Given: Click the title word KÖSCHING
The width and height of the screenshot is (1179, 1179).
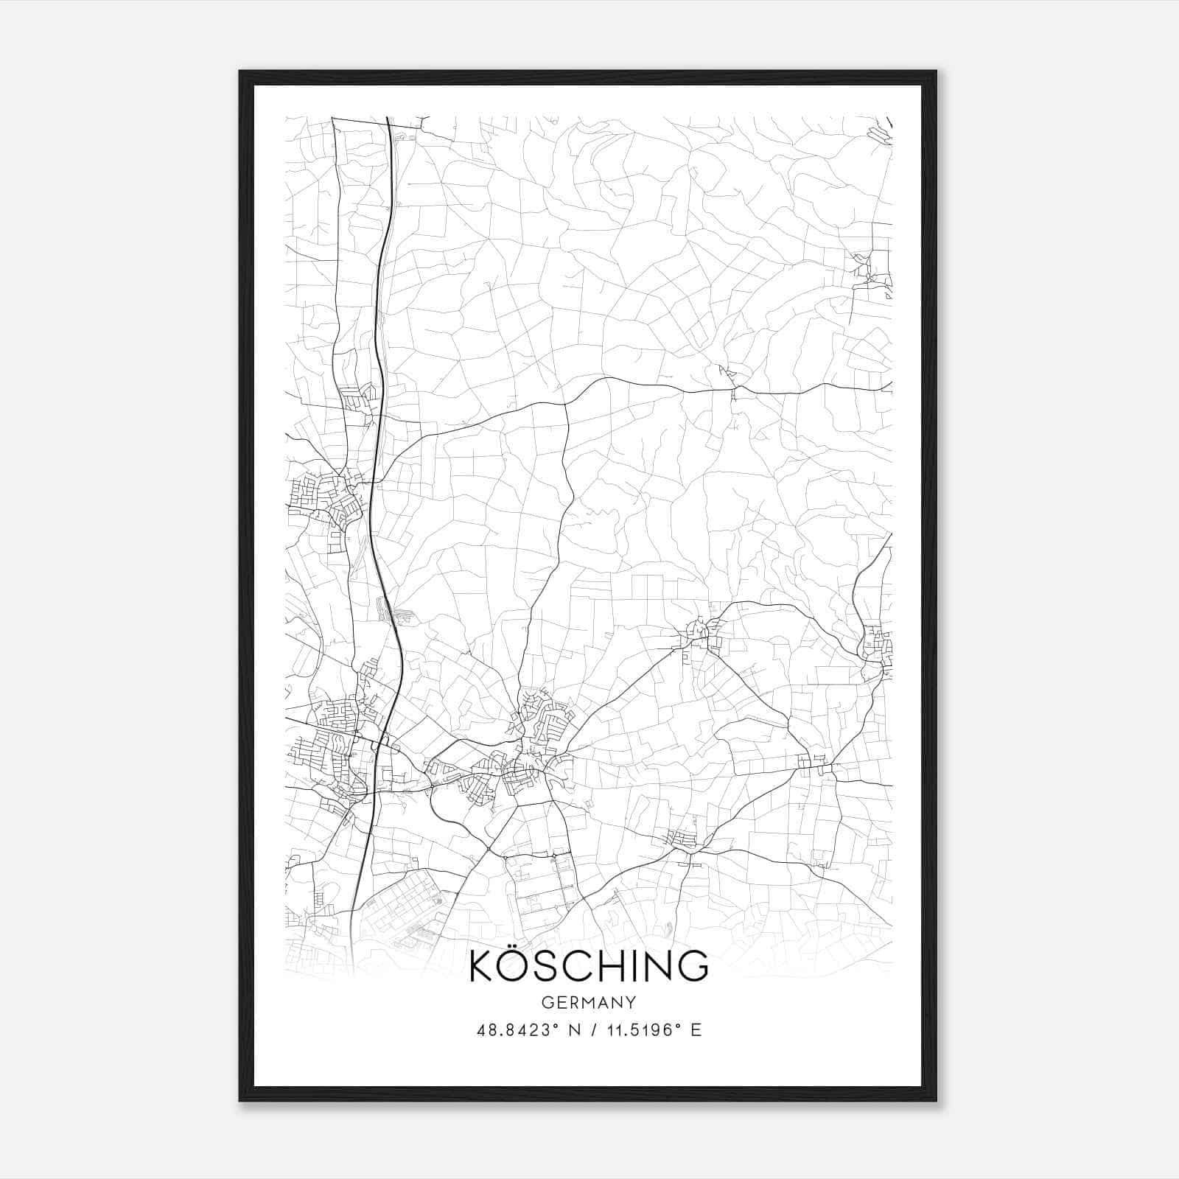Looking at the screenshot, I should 589,966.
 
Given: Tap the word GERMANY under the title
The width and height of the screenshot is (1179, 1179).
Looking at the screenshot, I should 589,1003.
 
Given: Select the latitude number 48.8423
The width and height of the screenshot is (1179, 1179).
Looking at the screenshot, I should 511,1030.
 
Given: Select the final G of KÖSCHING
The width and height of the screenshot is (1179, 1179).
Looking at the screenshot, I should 693,966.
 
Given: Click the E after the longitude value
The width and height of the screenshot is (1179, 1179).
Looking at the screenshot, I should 696,1030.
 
